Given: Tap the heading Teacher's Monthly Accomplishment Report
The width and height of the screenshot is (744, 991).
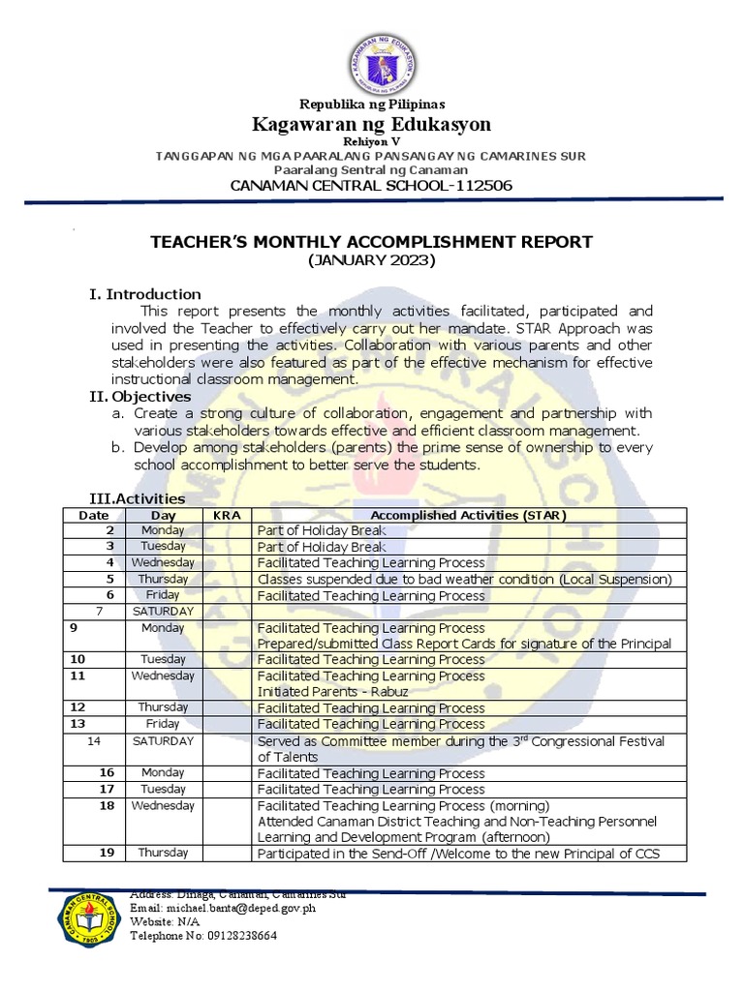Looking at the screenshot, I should point(371,242).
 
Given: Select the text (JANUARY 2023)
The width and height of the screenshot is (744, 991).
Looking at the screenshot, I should point(372,261).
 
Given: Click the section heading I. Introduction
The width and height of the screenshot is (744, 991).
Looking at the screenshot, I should point(145,294).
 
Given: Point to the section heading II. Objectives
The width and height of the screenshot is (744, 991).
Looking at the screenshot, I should point(140,397).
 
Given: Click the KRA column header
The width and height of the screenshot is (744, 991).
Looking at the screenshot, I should point(227,516).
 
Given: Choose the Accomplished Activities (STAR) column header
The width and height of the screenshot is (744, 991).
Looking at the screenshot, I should point(469,516).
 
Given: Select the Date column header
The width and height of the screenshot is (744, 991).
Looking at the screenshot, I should point(94,516).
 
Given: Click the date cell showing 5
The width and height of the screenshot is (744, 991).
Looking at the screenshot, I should point(110,580).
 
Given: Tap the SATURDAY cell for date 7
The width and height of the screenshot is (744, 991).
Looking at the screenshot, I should point(163,612).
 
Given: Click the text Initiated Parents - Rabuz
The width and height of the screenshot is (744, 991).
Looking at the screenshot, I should point(319,692).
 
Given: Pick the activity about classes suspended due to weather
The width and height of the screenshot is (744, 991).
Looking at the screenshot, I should point(464,580).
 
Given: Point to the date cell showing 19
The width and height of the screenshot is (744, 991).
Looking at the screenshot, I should point(107,854).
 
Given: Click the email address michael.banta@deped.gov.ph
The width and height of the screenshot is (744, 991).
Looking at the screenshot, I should point(223,909).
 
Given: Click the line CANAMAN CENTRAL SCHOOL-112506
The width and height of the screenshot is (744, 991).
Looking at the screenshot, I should point(371,186).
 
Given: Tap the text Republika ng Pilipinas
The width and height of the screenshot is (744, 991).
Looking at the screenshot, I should point(372,105).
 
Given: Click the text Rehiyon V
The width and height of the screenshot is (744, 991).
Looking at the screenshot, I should point(372,141).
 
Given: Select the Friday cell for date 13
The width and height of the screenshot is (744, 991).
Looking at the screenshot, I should point(163,724).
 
